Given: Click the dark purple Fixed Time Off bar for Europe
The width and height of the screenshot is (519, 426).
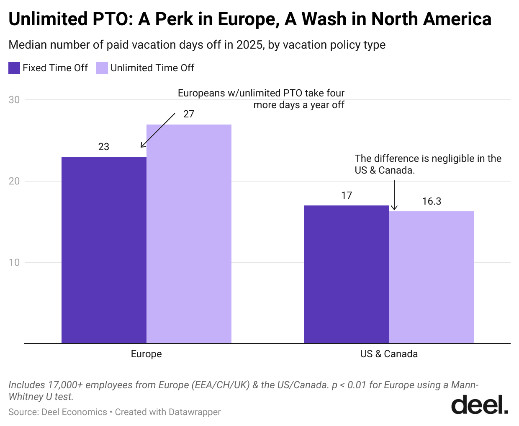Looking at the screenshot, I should [104, 250].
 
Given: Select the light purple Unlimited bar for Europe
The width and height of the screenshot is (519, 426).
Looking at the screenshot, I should [189, 234].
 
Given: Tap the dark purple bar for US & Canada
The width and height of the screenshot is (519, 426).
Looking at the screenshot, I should [347, 274].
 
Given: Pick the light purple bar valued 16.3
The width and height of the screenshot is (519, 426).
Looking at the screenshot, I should [432, 277].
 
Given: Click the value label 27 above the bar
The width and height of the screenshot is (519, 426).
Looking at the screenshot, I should [189, 114].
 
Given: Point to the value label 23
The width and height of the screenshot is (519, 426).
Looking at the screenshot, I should [104, 147].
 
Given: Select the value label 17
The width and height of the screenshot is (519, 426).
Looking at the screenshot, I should [347, 195].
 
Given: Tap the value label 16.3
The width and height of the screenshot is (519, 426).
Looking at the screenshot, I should [432, 201].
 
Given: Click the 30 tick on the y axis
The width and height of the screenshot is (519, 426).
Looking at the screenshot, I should [14, 100].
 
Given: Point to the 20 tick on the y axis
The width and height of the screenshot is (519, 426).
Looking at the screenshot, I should [14, 181].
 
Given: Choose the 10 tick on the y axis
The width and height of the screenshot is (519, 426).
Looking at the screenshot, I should [14, 262].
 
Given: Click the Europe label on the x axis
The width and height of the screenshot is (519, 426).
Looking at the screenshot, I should [146, 354].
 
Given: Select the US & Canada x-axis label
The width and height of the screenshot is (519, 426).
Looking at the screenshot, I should [389, 354].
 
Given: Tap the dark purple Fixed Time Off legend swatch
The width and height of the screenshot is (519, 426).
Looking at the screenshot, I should [14, 68].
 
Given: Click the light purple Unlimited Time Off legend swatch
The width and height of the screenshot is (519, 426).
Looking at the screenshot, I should [102, 68].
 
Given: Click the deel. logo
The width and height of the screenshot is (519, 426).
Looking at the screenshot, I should [480, 405].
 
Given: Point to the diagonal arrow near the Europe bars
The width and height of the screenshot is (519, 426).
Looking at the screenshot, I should [158, 130].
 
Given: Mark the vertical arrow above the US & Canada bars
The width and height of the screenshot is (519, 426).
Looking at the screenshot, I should [394, 195].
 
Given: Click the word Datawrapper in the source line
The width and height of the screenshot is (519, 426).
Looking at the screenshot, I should [195, 412].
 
